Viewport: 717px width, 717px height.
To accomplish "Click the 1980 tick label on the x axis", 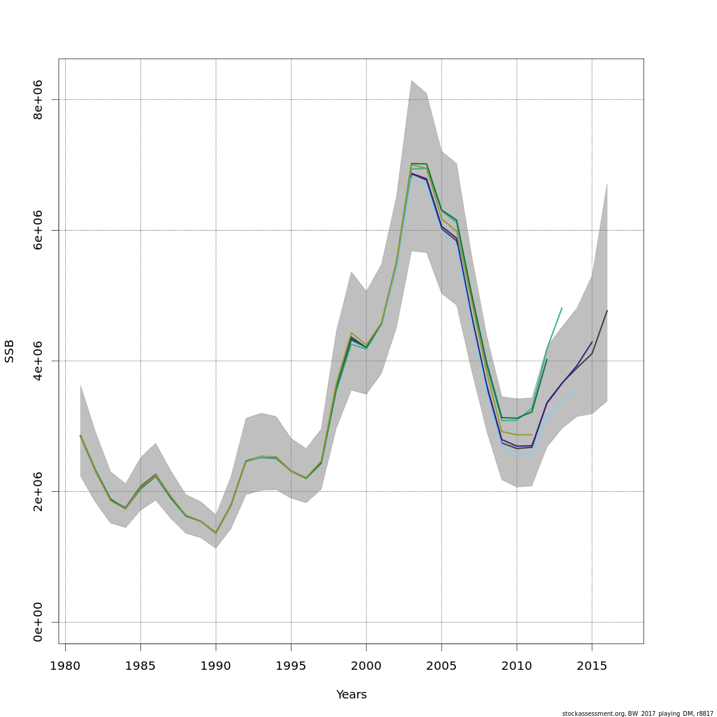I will pos(65,666).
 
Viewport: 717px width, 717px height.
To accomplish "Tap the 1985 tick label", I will pos(140,666).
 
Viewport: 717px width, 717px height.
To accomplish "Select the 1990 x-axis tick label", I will pos(216,666).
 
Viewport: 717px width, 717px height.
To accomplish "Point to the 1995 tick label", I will pos(291,666).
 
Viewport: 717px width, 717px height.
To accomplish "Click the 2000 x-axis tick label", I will pos(366,666).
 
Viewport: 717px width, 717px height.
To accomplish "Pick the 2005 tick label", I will pos(442,666).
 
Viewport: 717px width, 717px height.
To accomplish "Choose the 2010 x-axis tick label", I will pos(517,666).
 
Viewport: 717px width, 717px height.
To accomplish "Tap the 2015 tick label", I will pos(592,666).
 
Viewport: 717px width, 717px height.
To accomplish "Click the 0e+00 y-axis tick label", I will pos(38,622).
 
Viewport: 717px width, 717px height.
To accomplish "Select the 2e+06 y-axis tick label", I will pos(38,491).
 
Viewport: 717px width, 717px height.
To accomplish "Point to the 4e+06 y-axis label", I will pos(38,361).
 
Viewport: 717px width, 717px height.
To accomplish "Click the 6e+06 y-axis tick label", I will pos(38,230).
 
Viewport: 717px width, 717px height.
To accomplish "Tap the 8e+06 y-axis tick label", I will pos(38,99).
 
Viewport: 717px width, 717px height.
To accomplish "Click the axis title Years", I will pos(351,695).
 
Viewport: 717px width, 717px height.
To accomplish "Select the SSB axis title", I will pos(10,351).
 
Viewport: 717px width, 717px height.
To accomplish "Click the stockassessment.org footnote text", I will pos(638,713).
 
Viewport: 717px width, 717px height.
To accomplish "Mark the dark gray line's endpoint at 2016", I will pos(607,311).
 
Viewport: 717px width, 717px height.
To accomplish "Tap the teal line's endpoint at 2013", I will pos(562,308).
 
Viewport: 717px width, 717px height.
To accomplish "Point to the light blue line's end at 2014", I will pos(577,391).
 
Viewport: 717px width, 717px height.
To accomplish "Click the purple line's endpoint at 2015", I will pos(592,342).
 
